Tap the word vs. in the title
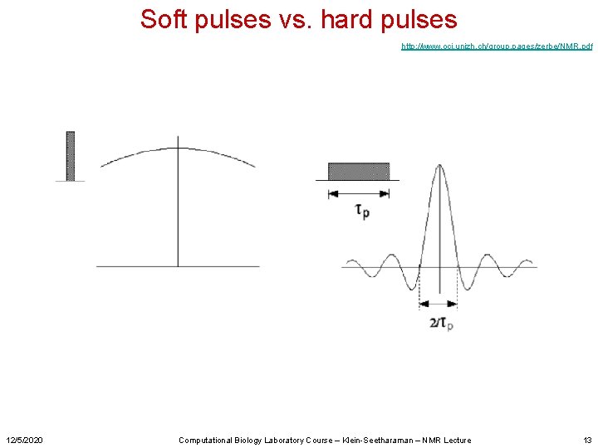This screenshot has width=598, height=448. (x=296, y=19)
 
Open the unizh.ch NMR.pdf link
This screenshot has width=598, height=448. (x=496, y=46)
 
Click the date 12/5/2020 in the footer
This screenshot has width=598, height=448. (x=25, y=440)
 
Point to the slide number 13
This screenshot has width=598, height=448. (x=587, y=440)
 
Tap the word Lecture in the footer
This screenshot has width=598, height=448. (x=455, y=440)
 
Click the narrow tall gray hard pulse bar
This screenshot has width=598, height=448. (x=71, y=155)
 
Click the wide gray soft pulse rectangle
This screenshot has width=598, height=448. (x=359, y=171)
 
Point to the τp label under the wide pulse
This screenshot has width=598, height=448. (x=362, y=211)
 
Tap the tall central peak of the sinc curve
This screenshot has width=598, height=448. (x=438, y=178)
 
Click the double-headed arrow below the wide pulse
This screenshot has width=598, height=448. (x=359, y=193)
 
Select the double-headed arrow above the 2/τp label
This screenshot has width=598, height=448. (x=438, y=304)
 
